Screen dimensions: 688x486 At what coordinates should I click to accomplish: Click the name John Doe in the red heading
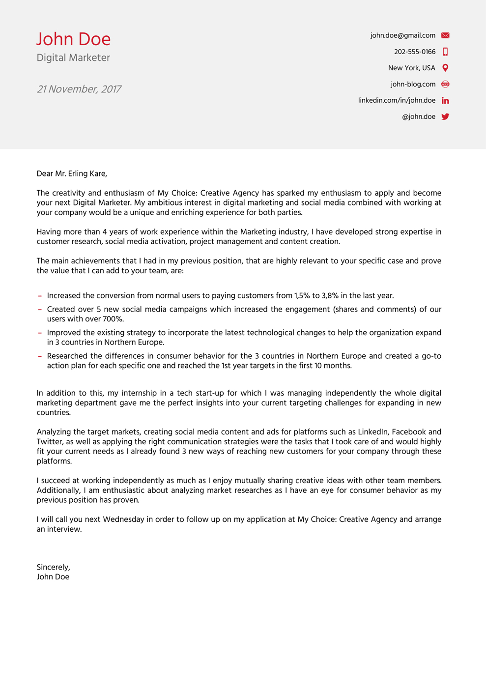(74, 39)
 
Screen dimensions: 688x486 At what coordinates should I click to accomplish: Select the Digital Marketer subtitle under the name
(73, 58)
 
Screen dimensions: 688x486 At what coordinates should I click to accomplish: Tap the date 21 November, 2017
(79, 89)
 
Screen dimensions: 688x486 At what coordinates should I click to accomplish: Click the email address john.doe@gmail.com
(402, 35)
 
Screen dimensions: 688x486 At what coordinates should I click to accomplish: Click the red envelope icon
(445, 35)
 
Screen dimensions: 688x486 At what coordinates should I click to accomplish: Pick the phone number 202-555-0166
(414, 52)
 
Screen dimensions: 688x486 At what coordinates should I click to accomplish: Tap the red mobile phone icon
(445, 52)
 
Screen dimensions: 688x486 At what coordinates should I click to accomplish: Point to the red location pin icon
(445, 68)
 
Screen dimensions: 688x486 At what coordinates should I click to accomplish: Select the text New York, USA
(411, 68)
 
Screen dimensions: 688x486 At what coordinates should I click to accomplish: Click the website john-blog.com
(413, 84)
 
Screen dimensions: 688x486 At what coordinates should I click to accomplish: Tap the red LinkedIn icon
(445, 100)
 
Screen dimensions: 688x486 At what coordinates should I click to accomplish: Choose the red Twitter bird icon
(445, 116)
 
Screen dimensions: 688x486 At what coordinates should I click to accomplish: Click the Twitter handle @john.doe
(418, 116)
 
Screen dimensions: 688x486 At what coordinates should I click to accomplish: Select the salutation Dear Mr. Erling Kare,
(72, 173)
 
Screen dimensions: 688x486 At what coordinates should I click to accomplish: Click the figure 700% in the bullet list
(113, 319)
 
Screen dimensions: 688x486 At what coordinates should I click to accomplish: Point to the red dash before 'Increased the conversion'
(40, 296)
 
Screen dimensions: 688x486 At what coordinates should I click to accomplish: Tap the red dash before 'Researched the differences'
(40, 356)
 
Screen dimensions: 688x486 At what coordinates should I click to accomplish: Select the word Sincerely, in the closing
(53, 567)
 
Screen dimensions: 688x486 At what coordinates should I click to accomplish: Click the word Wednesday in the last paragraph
(124, 519)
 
